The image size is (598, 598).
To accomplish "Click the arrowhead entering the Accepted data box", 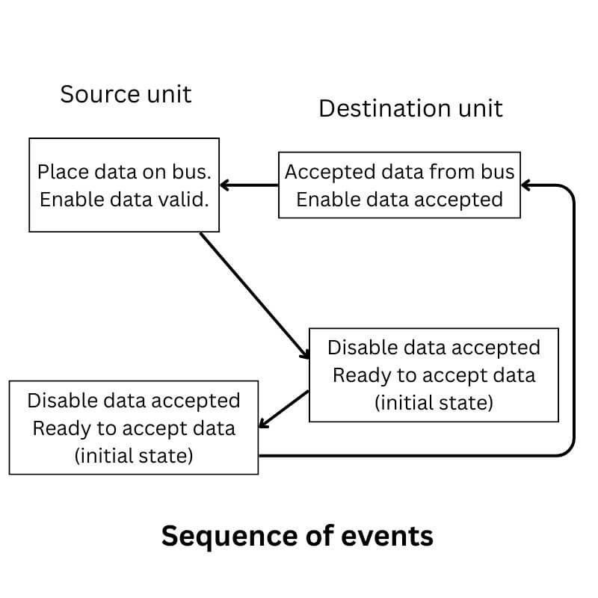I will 526,185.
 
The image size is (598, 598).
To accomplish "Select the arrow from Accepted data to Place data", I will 250,185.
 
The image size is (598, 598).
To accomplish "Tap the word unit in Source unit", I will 169,94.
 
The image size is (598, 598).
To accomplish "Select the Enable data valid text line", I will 123,200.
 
